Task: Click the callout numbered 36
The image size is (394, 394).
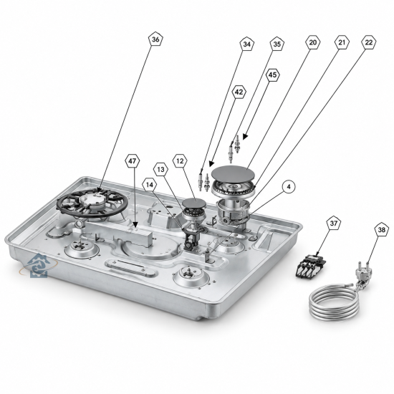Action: point(155,39)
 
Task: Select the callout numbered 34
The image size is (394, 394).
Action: point(246,44)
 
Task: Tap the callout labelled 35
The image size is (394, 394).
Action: point(277,44)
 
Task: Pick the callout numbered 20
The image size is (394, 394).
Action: point(312,42)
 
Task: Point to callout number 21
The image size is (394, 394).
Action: point(342,42)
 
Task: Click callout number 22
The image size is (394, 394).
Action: point(369,42)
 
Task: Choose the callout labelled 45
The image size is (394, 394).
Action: point(272,75)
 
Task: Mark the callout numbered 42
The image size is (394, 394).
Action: point(239,92)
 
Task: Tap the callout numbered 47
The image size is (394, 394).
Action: point(133,160)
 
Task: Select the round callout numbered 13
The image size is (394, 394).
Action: point(160,170)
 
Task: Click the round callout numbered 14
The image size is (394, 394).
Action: point(149,185)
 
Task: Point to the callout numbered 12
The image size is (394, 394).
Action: point(180,160)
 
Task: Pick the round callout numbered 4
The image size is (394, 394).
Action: point(289,187)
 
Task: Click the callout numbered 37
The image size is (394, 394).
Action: point(333,223)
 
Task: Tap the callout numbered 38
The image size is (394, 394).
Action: point(381,229)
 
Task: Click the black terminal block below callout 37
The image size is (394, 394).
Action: point(310,266)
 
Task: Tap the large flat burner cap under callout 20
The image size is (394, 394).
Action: point(233,173)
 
